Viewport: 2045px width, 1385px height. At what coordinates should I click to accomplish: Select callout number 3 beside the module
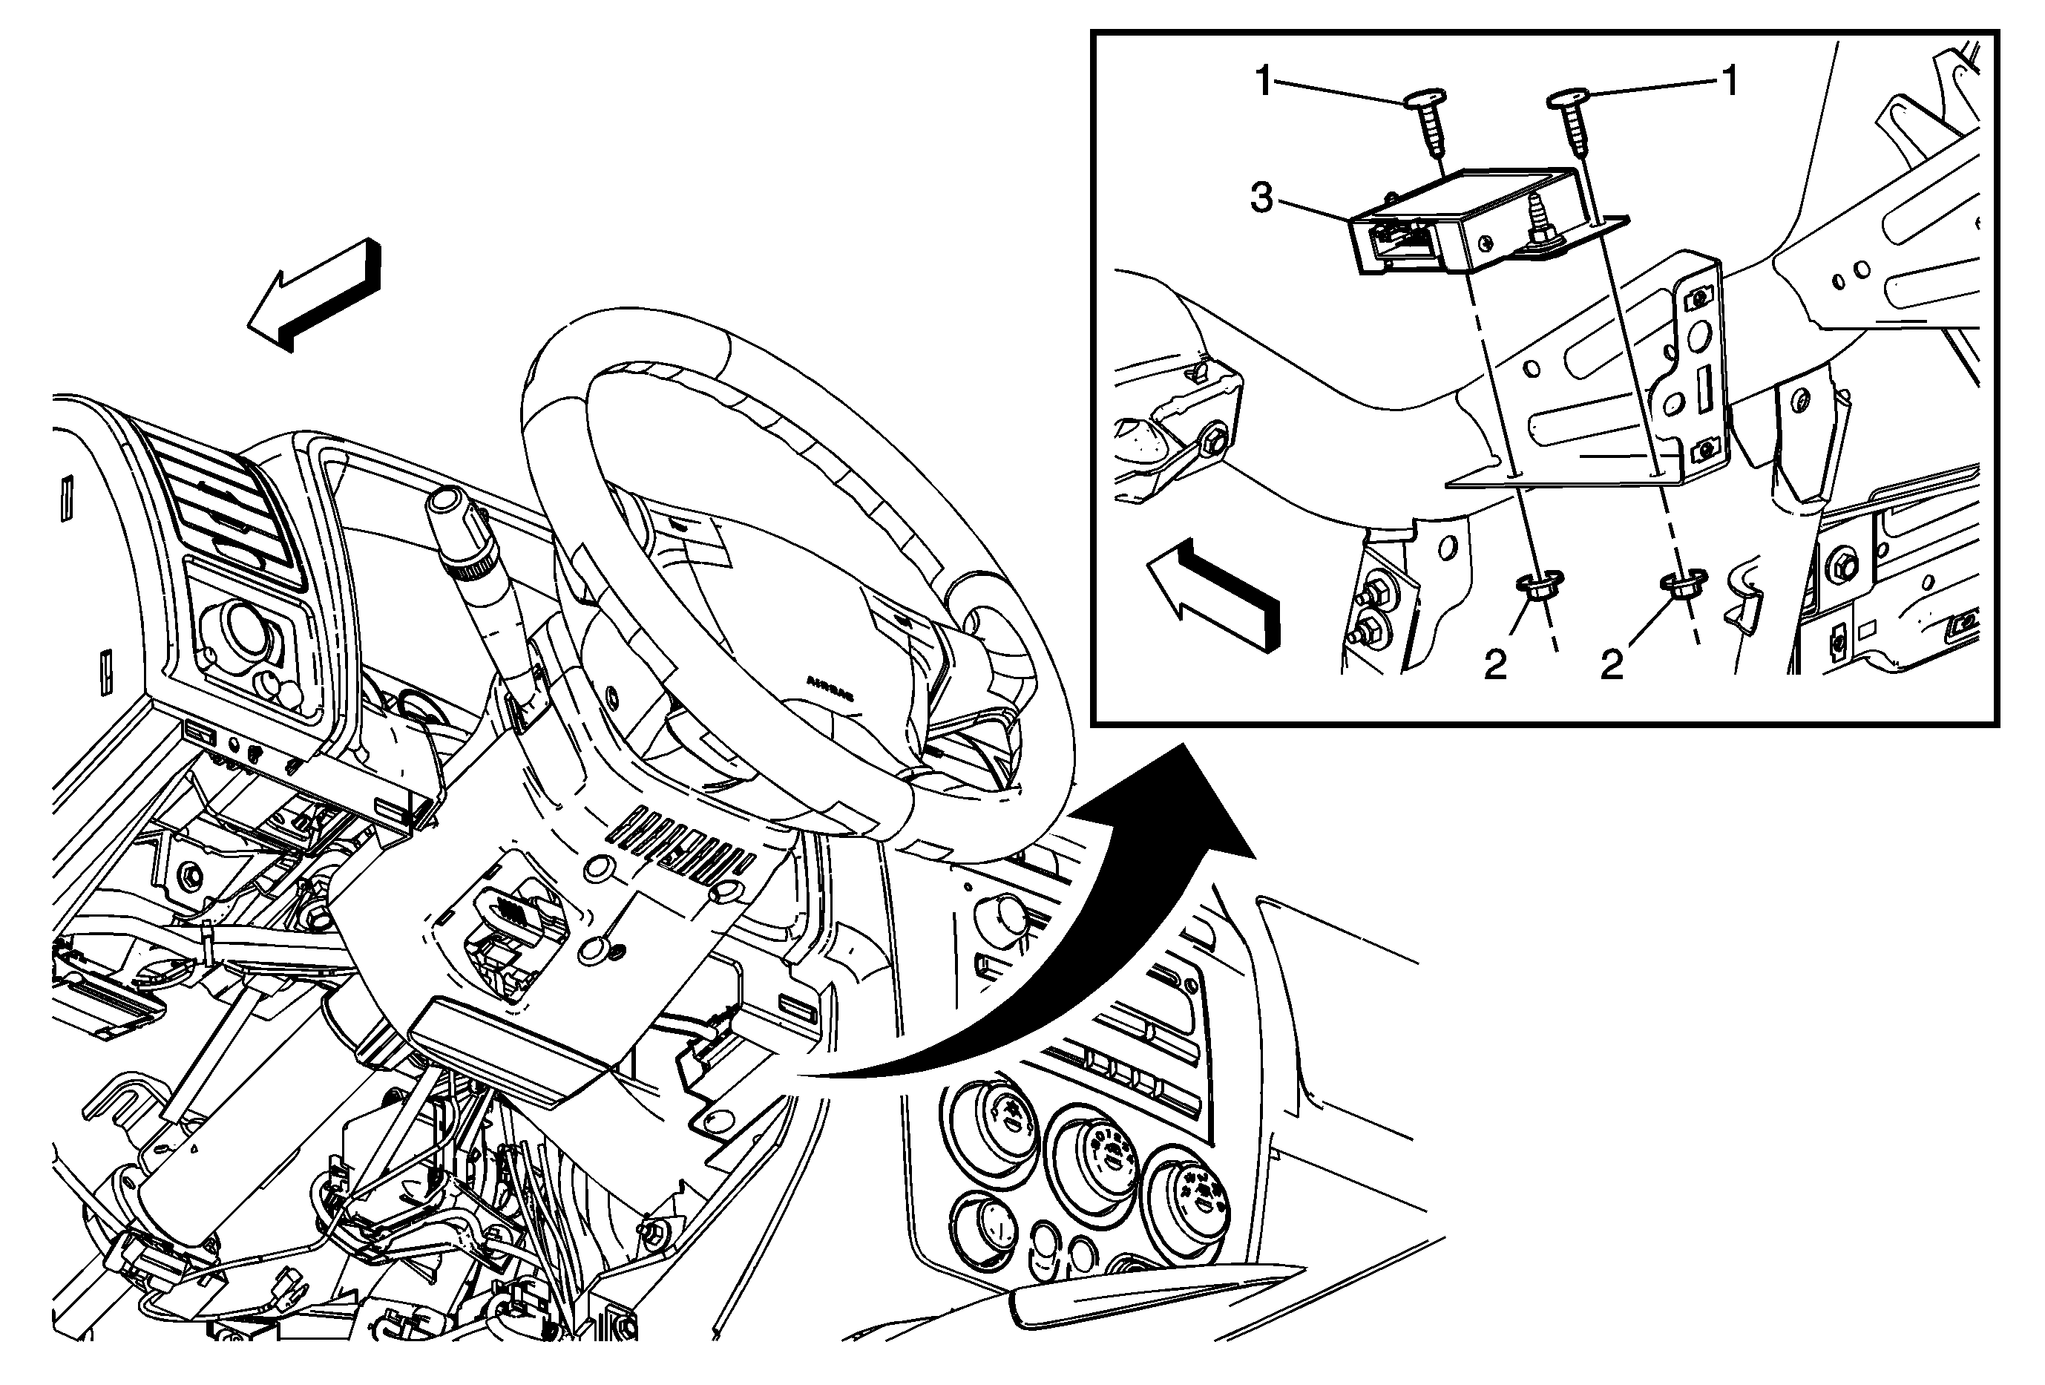click(1262, 199)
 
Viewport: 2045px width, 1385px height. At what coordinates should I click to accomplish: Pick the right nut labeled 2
click(1681, 584)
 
